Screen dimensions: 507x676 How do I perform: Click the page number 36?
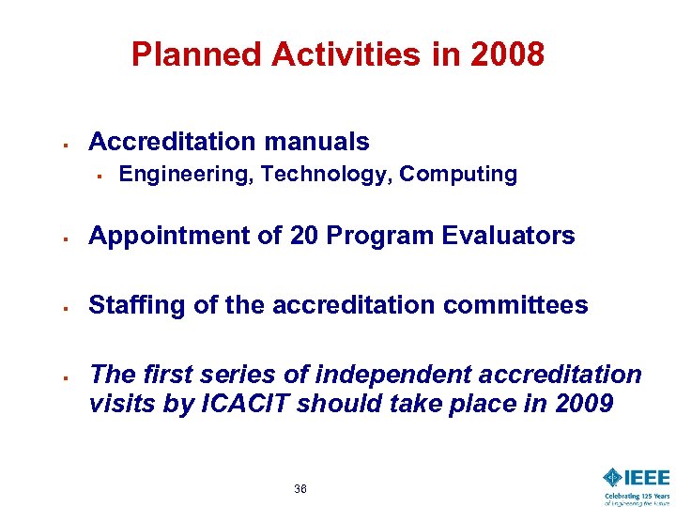tap(300, 489)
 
